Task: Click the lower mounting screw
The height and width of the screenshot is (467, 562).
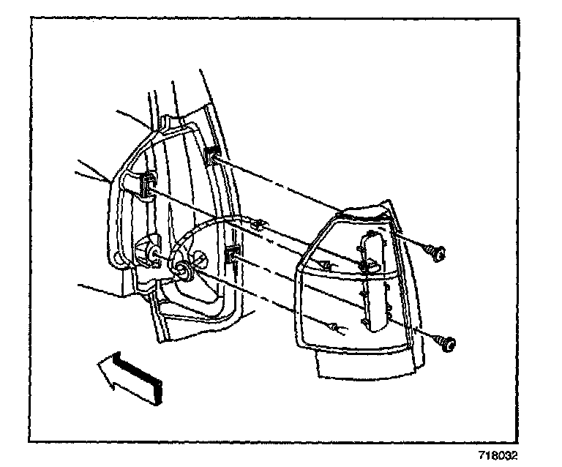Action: [x=446, y=342]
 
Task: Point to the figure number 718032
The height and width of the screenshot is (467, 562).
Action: [x=497, y=455]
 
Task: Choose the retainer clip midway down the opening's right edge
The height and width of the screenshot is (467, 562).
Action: [x=233, y=255]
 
